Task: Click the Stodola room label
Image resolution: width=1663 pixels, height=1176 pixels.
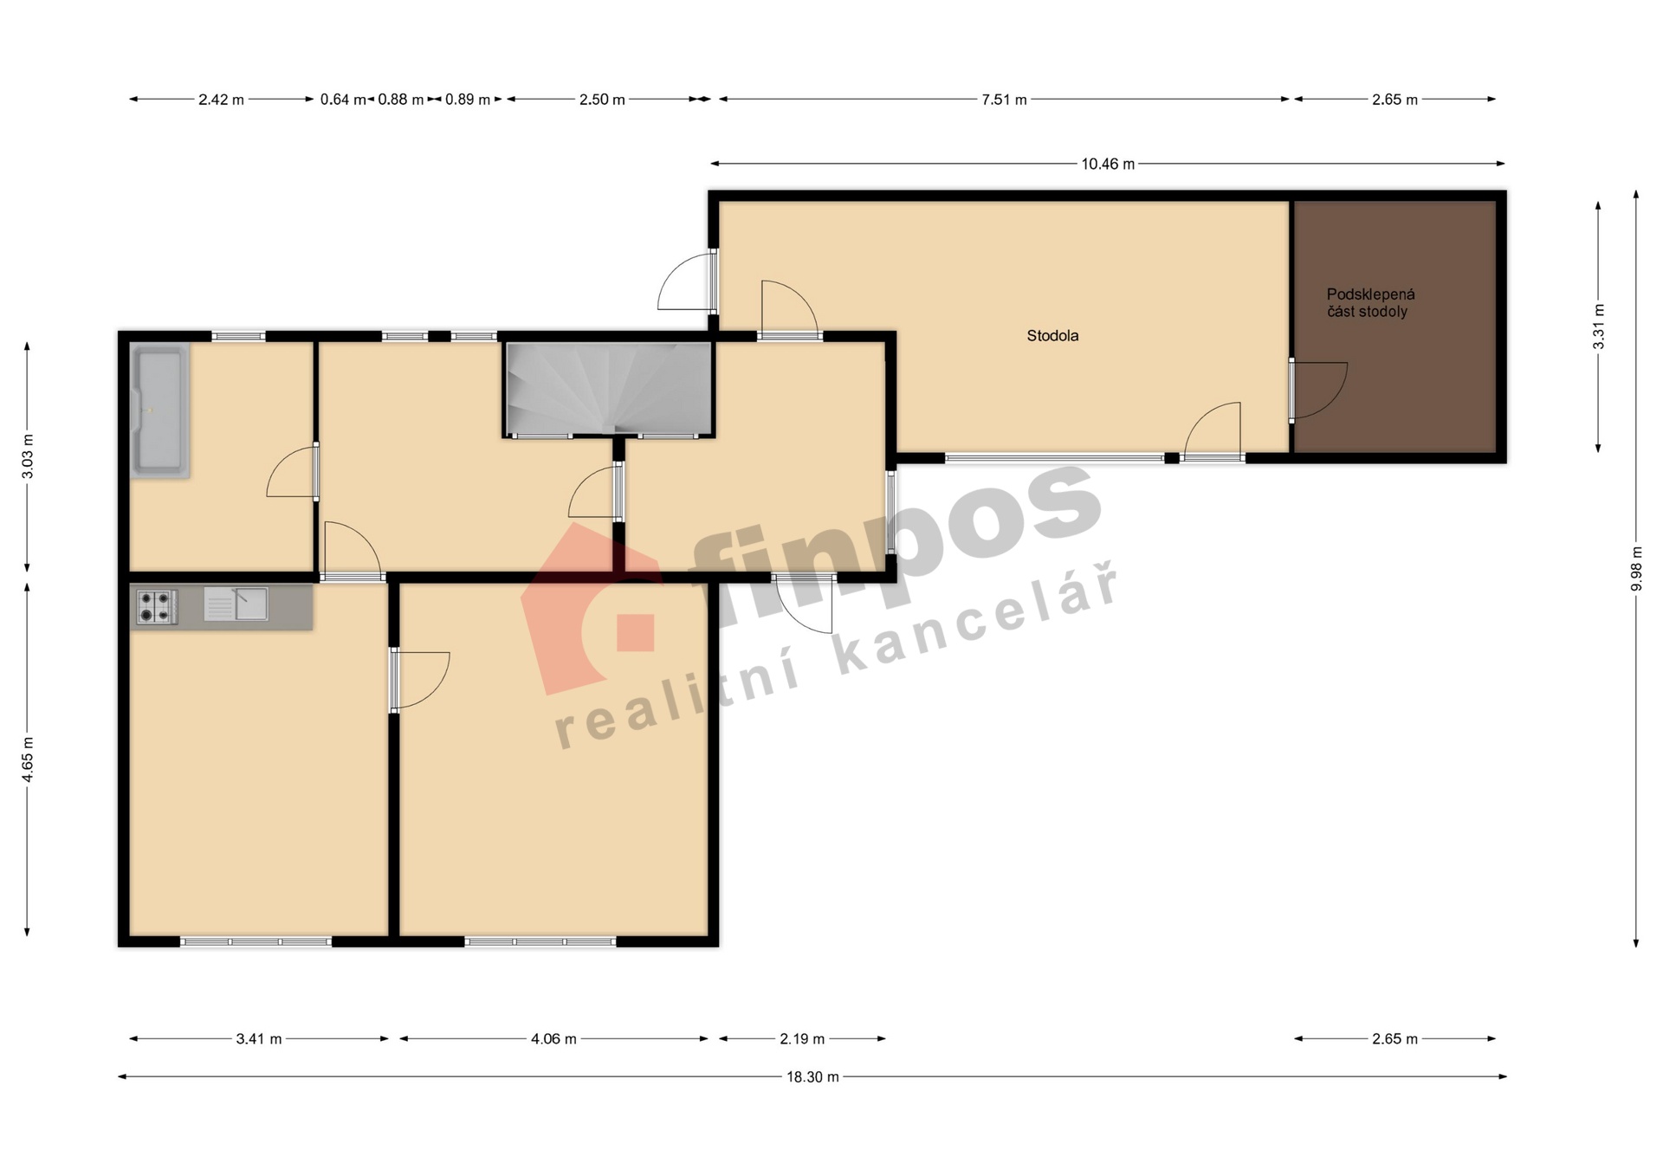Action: [1052, 336]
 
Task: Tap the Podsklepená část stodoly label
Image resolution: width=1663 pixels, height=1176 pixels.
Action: [1370, 303]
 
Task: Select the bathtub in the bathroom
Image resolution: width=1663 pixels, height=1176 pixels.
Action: [159, 410]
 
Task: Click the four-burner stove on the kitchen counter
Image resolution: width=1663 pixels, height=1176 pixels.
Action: [157, 606]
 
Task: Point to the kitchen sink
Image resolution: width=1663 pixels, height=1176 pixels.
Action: [236, 604]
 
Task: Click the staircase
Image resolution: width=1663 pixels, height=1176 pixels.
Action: [609, 388]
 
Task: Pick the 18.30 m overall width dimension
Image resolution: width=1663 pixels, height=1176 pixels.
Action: [812, 1077]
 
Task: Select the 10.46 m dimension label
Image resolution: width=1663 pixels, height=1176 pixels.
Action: [1108, 164]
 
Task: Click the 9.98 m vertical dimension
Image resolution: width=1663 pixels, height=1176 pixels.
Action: [1636, 569]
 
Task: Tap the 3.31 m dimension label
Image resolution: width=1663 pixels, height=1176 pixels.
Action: [1598, 327]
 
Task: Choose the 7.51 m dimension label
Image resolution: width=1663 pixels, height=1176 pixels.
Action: [1004, 100]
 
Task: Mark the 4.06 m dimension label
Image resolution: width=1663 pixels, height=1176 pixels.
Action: [553, 1039]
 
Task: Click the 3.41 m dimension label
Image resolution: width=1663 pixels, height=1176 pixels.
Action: [259, 1039]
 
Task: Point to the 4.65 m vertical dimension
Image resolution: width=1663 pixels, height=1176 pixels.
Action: [28, 759]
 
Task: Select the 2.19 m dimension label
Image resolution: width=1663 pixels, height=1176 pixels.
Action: [802, 1039]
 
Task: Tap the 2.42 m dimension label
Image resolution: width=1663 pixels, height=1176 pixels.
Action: [221, 100]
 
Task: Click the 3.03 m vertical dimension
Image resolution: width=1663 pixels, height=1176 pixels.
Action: [28, 456]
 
